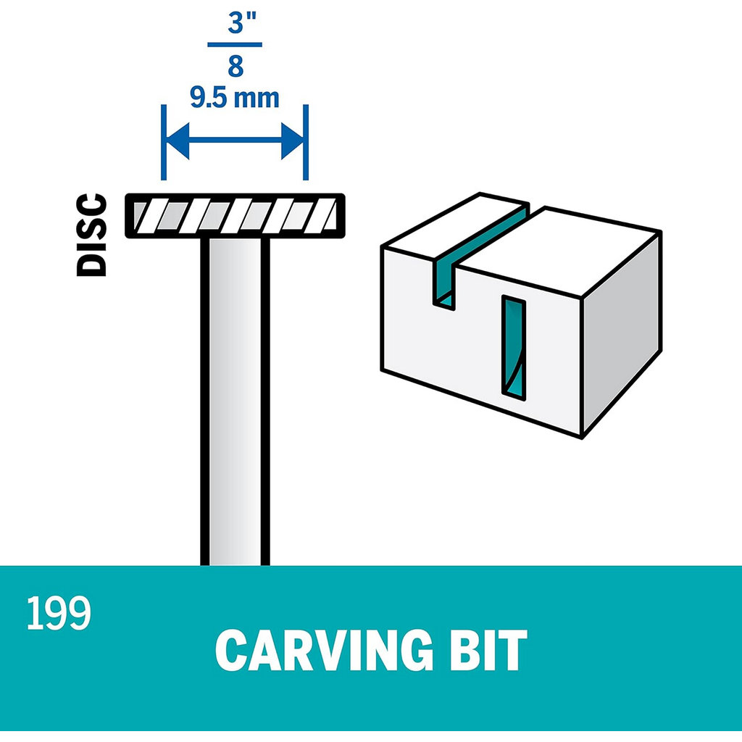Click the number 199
[x=59, y=614]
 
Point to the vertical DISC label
[x=92, y=234]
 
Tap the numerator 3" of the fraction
[x=235, y=24]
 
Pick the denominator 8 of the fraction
[x=235, y=66]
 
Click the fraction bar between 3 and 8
[x=235, y=45]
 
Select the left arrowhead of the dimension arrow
[x=178, y=141]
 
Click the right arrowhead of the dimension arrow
[x=291, y=141]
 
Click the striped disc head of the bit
[x=234, y=215]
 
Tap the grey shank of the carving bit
[x=235, y=399]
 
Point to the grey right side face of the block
[x=621, y=333]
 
